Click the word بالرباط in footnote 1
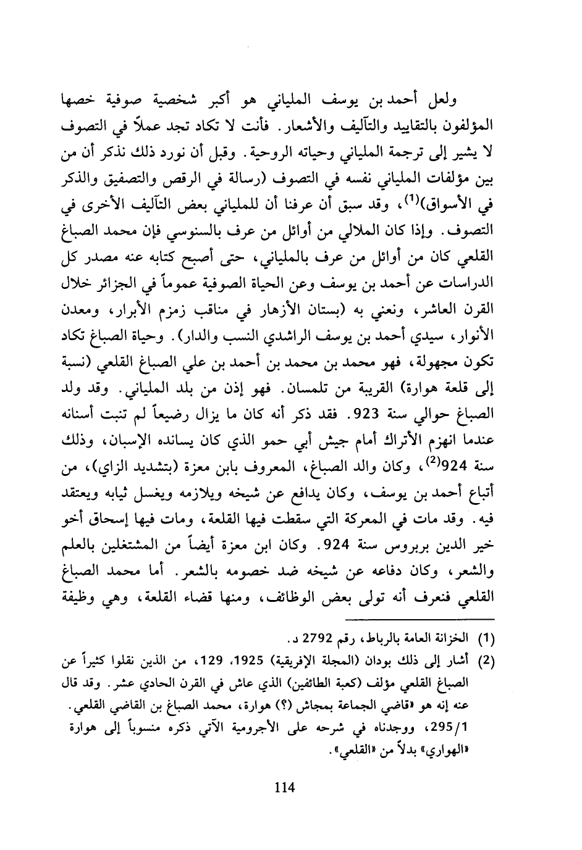click(x=413, y=636)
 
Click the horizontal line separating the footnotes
click(x=424, y=619)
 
